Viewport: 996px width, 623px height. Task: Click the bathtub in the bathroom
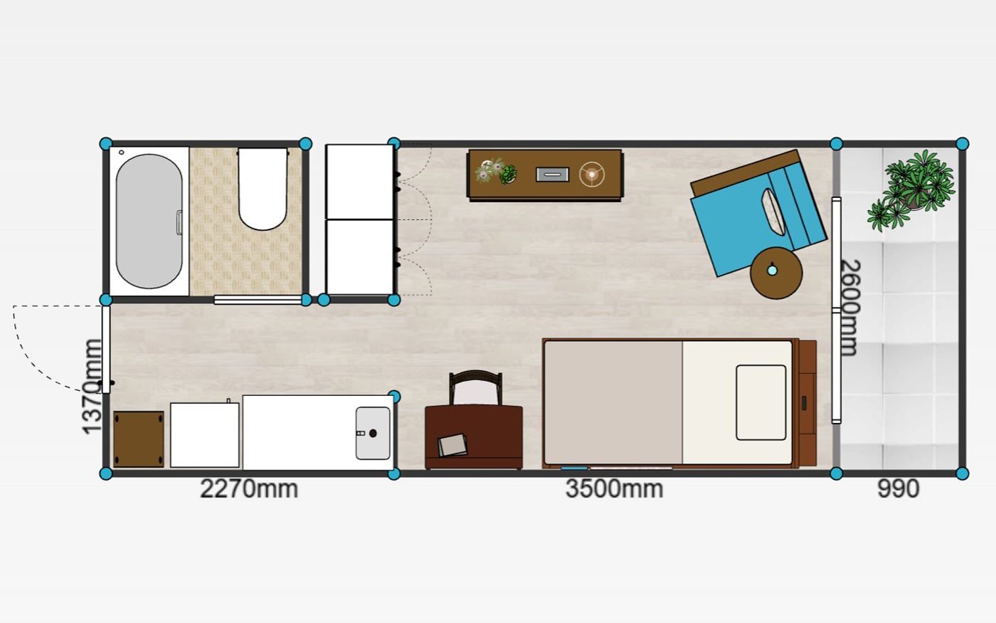(149, 221)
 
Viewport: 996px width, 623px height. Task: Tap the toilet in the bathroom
(263, 189)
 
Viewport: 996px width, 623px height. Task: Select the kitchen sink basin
(373, 433)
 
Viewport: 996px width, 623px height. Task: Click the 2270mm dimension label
(249, 488)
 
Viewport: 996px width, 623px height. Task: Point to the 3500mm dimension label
(614, 488)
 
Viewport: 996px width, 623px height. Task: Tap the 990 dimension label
(898, 488)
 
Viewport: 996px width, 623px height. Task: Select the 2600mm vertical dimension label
(851, 308)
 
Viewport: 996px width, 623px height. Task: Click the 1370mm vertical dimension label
(92, 386)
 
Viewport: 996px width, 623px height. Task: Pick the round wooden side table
(776, 273)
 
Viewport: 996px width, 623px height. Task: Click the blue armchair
(756, 214)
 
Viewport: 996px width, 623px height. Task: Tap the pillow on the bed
(761, 402)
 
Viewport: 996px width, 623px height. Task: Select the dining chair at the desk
(475, 387)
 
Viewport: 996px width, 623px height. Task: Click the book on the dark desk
(452, 445)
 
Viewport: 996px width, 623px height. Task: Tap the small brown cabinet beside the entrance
(138, 439)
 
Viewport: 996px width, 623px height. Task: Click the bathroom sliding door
(258, 300)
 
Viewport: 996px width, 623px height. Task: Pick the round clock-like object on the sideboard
(592, 174)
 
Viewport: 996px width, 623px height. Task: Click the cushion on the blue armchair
(773, 212)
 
